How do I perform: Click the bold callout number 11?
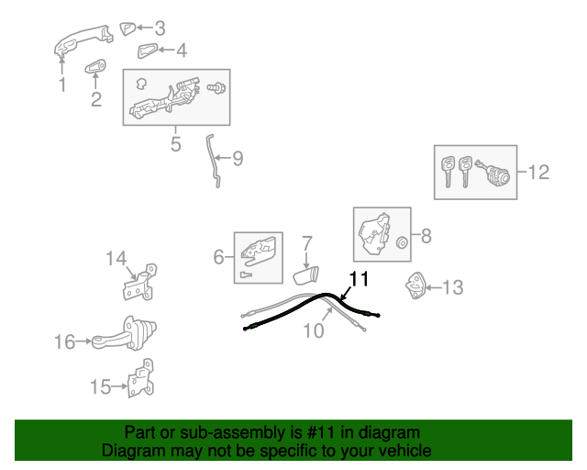pyautogui.click(x=359, y=279)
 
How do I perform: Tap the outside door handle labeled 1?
pyautogui.click(x=83, y=40)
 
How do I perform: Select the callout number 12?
pyautogui.click(x=538, y=172)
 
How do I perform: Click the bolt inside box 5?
pyautogui.click(x=216, y=88)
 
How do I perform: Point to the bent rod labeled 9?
pyautogui.click(x=212, y=160)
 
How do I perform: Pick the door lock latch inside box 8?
pyautogui.click(x=375, y=233)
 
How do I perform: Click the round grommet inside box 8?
pyautogui.click(x=402, y=242)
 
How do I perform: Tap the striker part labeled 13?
pyautogui.click(x=415, y=285)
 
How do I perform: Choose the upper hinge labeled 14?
pyautogui.click(x=140, y=282)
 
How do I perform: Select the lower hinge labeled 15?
pyautogui.click(x=140, y=378)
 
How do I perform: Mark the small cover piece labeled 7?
pyautogui.click(x=305, y=275)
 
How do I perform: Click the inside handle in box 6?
pyautogui.click(x=259, y=252)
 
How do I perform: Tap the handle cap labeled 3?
pyautogui.click(x=127, y=28)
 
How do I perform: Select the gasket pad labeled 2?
pyautogui.click(x=95, y=67)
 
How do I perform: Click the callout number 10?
pyautogui.click(x=313, y=331)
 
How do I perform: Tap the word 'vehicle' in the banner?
pyautogui.click(x=406, y=450)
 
